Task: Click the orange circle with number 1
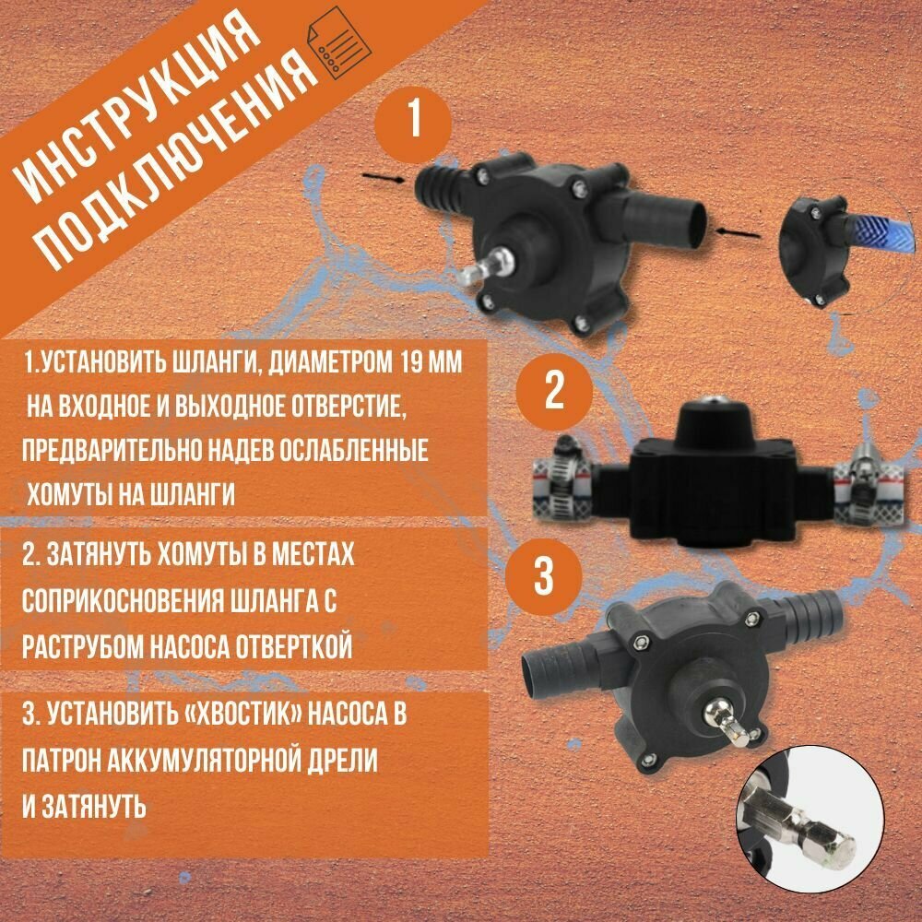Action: click(413, 124)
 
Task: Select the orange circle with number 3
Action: click(543, 577)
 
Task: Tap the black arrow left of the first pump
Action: click(384, 178)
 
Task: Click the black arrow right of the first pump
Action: click(738, 233)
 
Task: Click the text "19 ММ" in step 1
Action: click(431, 363)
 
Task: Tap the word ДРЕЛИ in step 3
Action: click(345, 761)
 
